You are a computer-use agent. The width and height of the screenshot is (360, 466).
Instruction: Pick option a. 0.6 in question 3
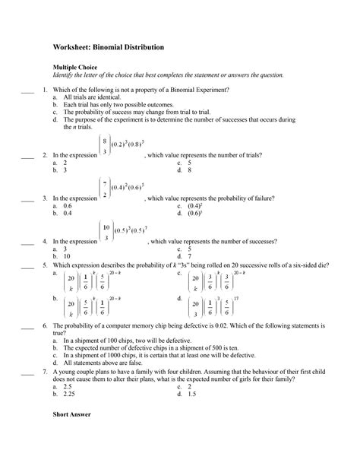point(63,206)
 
